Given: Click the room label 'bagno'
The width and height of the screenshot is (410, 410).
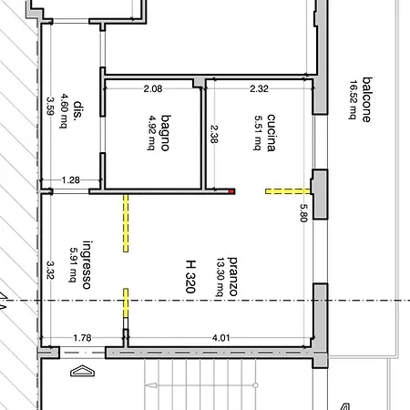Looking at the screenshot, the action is point(166,133).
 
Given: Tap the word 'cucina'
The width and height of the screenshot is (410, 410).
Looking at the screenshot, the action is point(271,133).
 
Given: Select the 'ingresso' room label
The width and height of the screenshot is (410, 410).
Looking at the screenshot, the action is point(87,264).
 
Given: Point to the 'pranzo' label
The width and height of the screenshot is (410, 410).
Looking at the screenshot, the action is point(232,276).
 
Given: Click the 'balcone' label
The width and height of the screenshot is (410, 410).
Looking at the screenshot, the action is point(367,99).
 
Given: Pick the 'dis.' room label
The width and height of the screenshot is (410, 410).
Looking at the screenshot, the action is point(78,110).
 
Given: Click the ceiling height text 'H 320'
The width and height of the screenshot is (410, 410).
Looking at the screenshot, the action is point(190,276).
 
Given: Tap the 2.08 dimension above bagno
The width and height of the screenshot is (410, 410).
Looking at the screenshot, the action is point(153,88).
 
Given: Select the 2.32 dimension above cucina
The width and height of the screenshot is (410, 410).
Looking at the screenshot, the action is point(259,88).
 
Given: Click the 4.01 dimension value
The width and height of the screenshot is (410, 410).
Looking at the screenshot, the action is point(220,338).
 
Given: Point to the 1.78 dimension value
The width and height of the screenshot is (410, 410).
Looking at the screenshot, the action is point(82,338).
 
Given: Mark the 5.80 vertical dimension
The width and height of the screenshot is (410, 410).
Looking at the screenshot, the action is point(304,212).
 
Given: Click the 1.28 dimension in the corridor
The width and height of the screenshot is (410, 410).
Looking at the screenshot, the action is point(71,180).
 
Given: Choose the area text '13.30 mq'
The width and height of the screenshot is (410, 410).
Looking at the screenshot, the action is point(220,277).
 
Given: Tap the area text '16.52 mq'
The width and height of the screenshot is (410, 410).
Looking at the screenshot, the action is point(354,100).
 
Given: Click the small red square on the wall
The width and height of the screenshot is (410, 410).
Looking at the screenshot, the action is point(231,191).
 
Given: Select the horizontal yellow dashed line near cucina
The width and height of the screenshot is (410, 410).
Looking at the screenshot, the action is point(288,191).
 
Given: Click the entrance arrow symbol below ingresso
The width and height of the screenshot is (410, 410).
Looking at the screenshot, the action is point(82,371).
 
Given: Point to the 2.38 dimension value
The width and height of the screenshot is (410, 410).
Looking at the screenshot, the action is point(214,134).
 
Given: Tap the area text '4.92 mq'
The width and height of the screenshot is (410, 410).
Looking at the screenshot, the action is point(151,133).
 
